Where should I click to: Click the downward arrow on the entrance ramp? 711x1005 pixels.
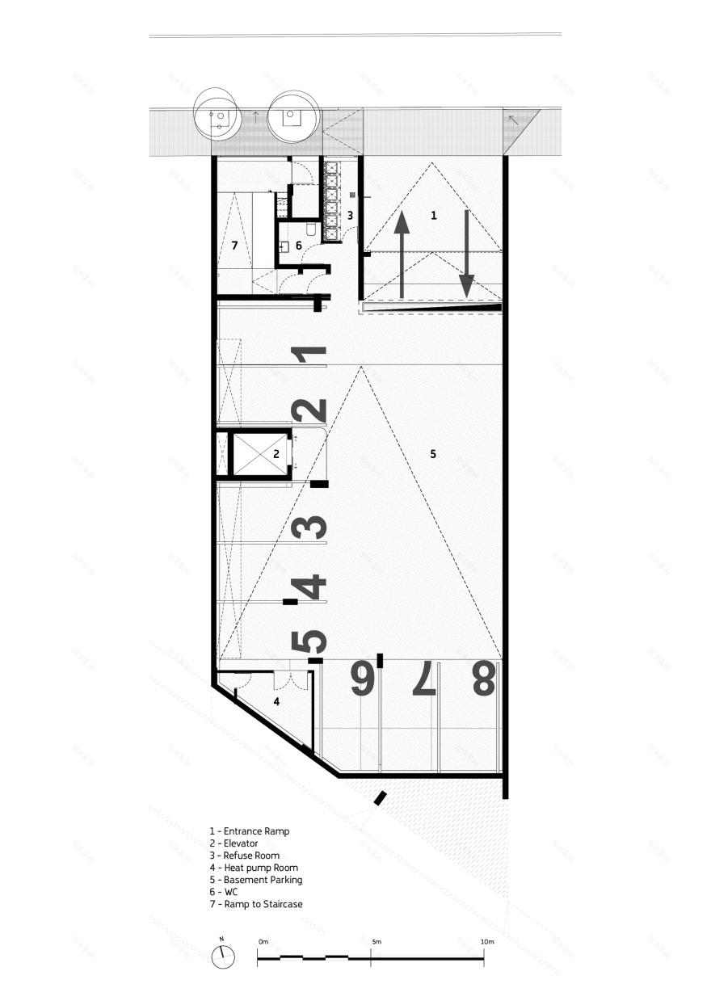pos(467,252)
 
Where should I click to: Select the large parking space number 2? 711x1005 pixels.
pos(310,411)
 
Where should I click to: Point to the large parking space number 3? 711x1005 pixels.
pos(310,528)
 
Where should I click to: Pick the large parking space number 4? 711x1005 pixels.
pos(310,587)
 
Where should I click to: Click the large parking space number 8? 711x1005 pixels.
pos(483,679)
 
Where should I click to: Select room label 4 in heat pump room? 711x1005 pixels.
pos(276,702)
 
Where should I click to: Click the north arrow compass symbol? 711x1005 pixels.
pos(222,956)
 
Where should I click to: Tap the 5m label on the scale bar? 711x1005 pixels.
pos(377,942)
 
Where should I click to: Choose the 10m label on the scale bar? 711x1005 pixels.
pos(486,942)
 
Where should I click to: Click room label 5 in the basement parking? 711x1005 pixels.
pos(433,455)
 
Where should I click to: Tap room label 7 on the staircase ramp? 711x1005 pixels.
pos(234,245)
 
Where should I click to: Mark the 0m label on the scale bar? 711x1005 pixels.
pos(263,942)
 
